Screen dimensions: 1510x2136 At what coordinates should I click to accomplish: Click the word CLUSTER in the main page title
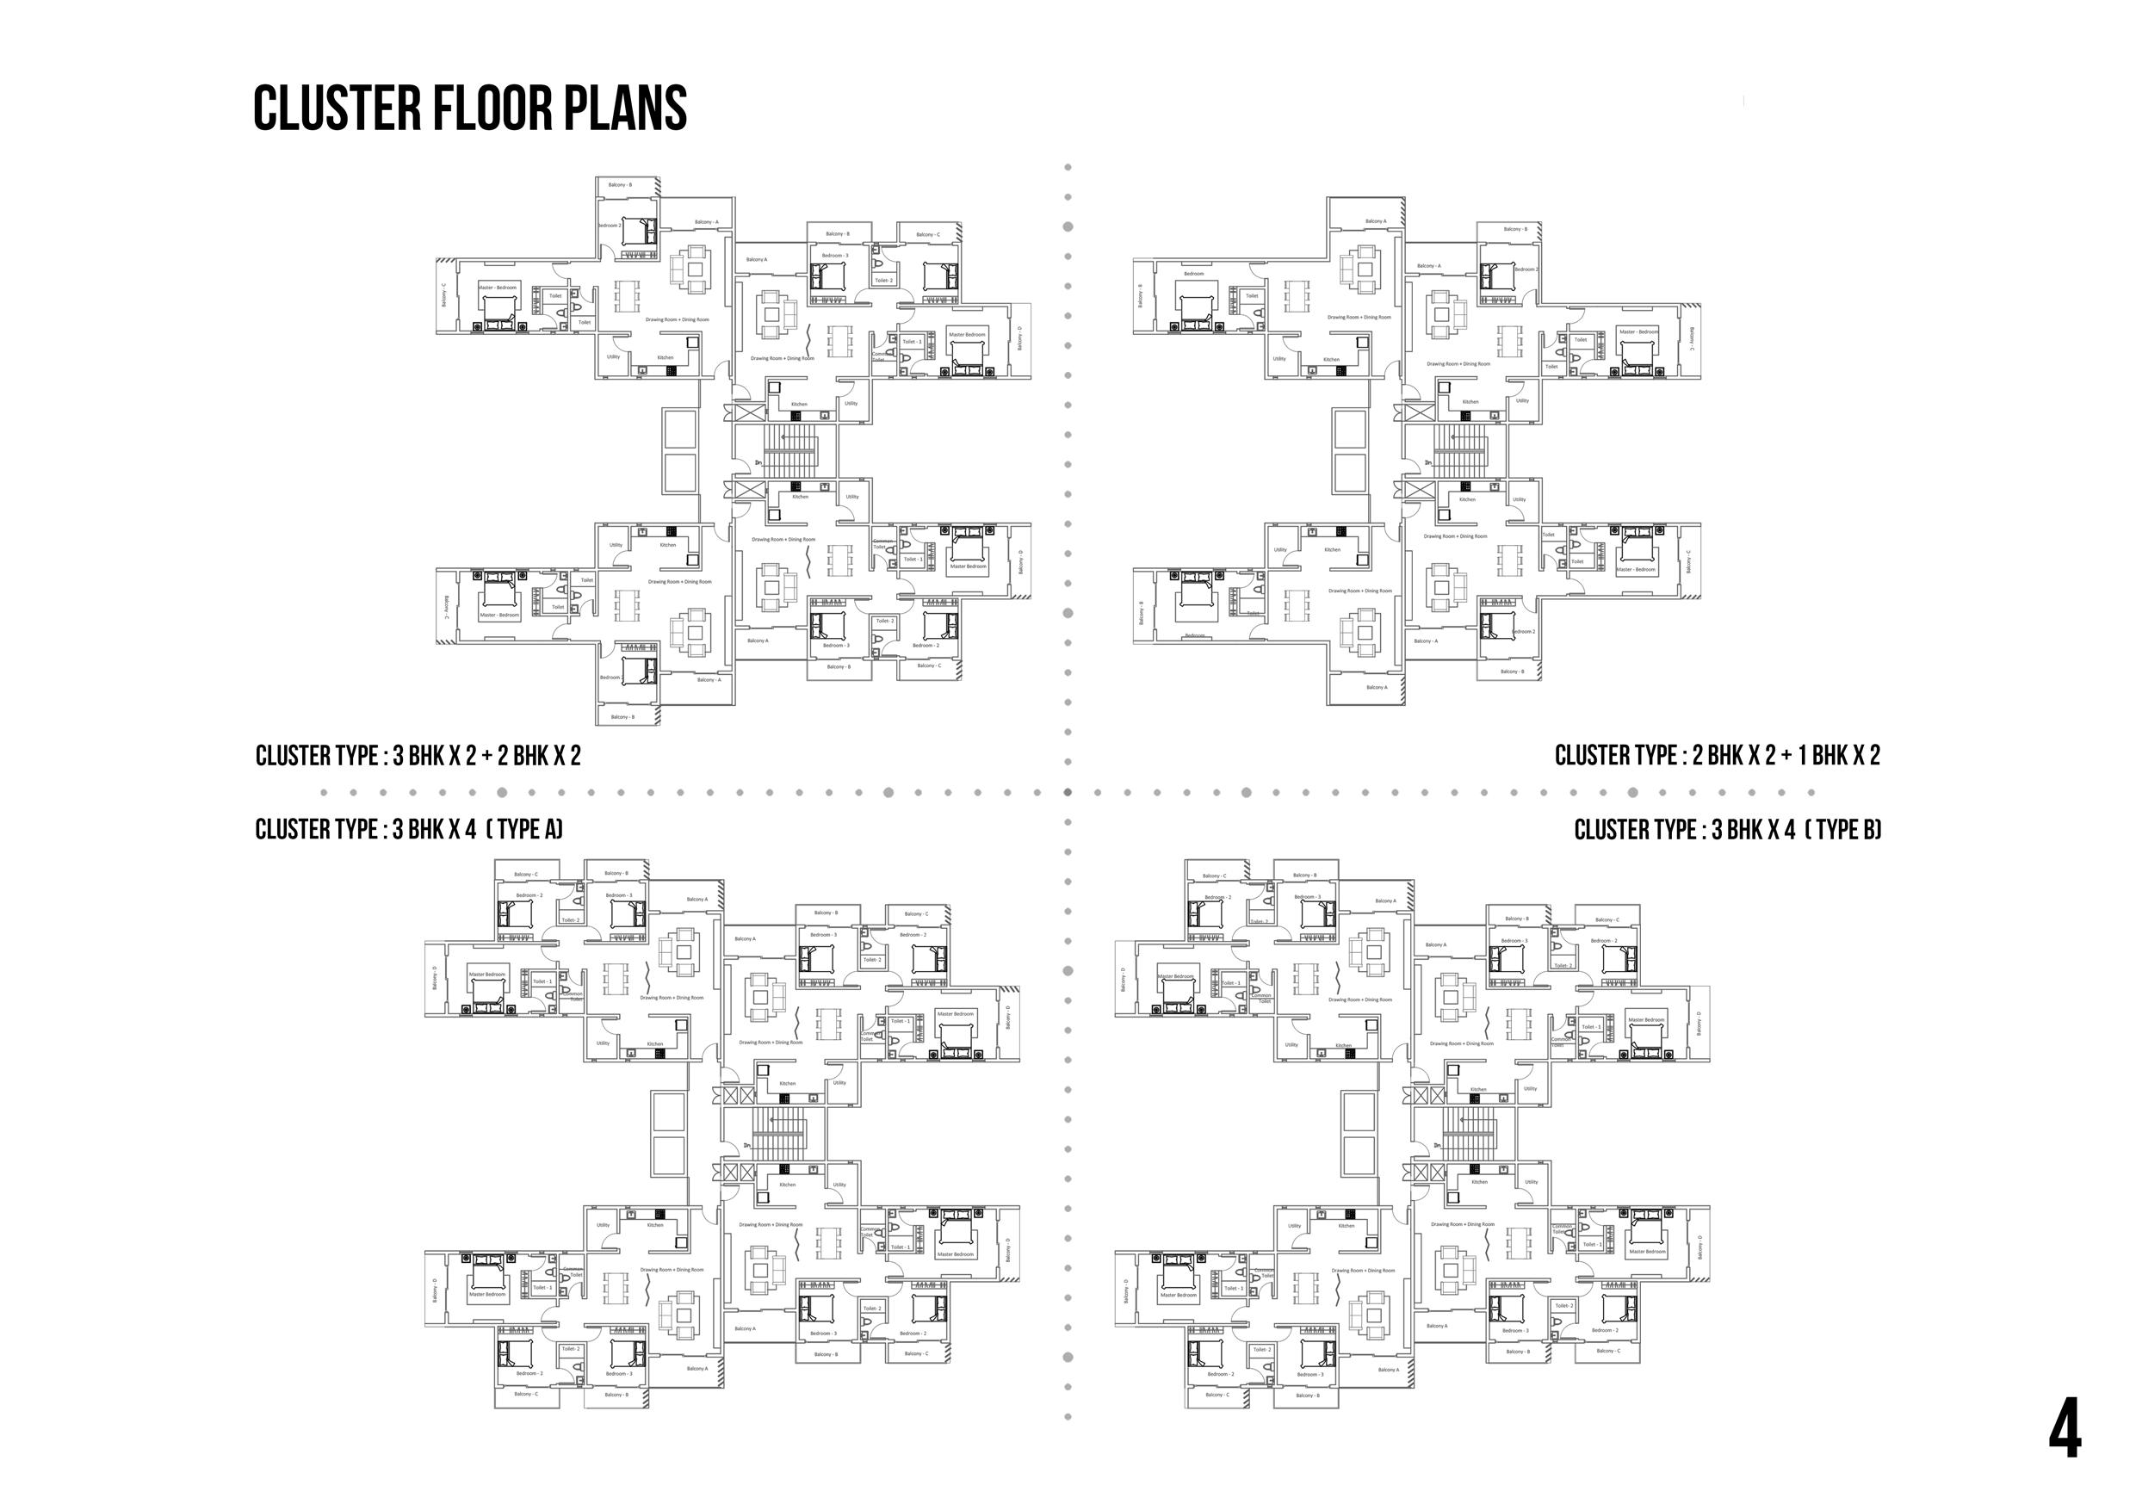pyautogui.click(x=337, y=108)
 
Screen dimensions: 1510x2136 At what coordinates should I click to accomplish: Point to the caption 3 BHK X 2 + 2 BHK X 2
pyautogui.click(x=486, y=756)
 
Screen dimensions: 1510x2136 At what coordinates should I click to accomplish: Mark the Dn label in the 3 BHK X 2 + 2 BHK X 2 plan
pyautogui.click(x=758, y=462)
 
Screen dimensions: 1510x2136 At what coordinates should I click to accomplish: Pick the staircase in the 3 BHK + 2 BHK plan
pyautogui.click(x=789, y=449)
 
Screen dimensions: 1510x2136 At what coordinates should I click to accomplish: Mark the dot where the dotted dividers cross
pyautogui.click(x=1068, y=793)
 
